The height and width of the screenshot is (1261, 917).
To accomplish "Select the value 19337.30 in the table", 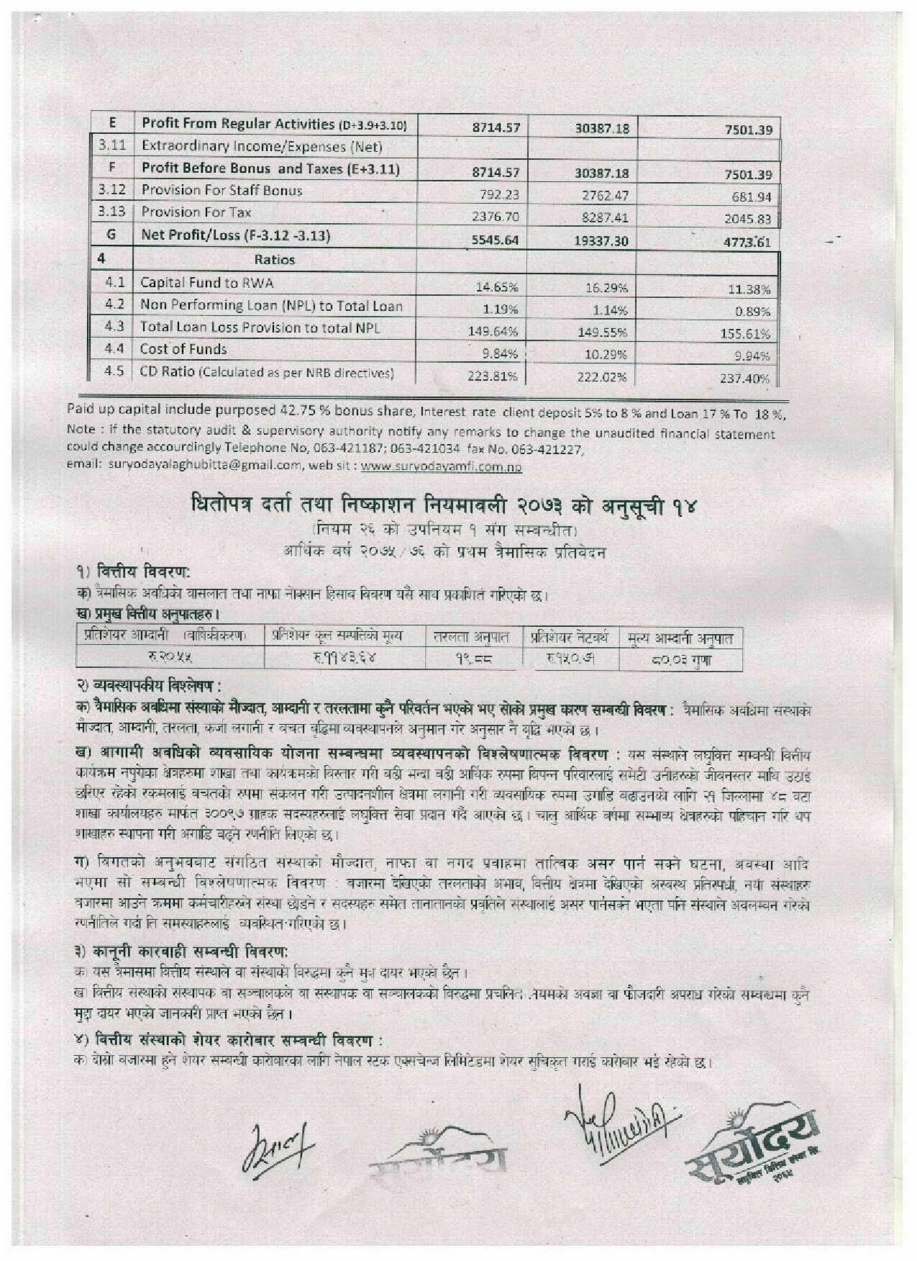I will (601, 240).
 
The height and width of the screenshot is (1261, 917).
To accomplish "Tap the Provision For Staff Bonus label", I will (222, 191).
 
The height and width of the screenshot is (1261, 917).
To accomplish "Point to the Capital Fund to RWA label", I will (206, 283).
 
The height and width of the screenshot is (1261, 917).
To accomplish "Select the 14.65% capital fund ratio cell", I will (497, 287).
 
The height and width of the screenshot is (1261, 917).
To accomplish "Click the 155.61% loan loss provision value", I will (745, 334).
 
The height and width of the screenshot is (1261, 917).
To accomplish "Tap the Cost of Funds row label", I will (183, 350).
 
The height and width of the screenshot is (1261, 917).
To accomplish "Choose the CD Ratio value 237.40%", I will (745, 379).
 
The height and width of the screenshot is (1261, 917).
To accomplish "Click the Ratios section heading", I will (274, 260).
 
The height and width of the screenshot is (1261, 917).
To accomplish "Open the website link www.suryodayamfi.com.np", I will (441, 466).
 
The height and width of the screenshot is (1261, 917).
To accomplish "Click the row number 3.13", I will (111, 212).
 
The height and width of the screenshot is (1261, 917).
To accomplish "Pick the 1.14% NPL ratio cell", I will (602, 311).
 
